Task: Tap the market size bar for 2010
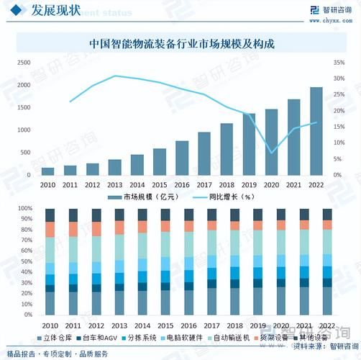pos(48,171)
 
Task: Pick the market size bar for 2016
pos(183,158)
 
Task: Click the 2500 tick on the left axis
pos(24,63)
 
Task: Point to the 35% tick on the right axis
pos(339,63)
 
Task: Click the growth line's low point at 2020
pos(272,153)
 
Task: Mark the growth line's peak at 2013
pos(115,76)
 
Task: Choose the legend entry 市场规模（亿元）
pos(144,197)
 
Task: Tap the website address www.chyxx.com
pos(340,21)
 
